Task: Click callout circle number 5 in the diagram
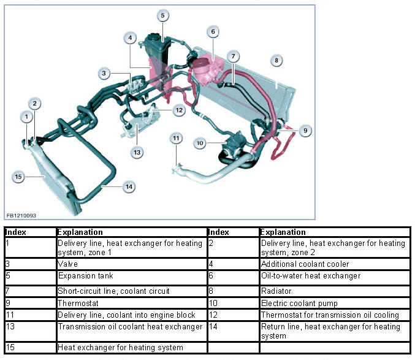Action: (162, 15)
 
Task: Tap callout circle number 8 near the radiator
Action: (277, 60)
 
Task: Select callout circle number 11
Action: (176, 139)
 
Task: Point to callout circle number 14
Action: (129, 187)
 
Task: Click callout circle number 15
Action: (18, 177)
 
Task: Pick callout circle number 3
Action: (105, 74)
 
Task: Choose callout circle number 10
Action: (200, 143)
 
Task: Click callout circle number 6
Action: (213, 31)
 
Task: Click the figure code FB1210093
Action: (21, 216)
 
